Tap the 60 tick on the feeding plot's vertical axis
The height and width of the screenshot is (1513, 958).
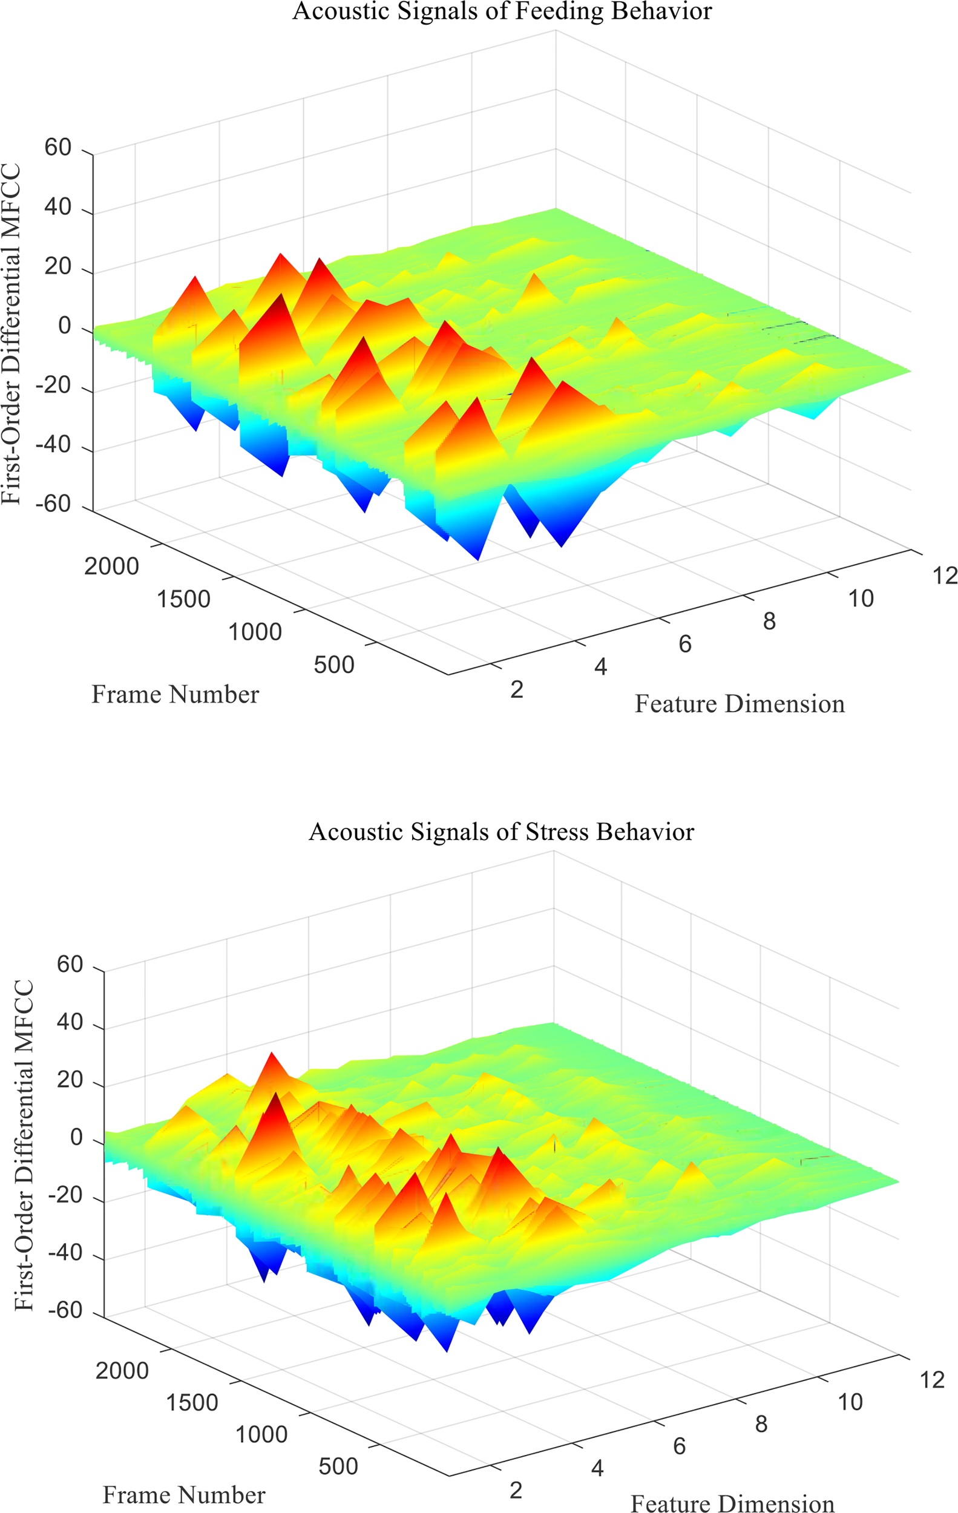pyautogui.click(x=57, y=148)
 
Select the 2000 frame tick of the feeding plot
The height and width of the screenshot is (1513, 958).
pyautogui.click(x=111, y=566)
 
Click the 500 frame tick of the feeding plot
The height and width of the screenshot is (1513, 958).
pyautogui.click(x=333, y=665)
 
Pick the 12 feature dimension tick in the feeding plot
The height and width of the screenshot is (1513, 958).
pyautogui.click(x=944, y=576)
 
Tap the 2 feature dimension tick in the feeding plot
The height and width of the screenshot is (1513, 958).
pyautogui.click(x=516, y=690)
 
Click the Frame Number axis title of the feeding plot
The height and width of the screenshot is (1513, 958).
pyautogui.click(x=176, y=694)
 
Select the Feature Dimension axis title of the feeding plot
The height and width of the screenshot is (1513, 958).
pyautogui.click(x=740, y=704)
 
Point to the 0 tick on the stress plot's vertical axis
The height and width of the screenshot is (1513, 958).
pyautogui.click(x=76, y=1137)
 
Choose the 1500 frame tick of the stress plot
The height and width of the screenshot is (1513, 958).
pyautogui.click(x=192, y=1402)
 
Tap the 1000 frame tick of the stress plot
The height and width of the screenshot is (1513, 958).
pyautogui.click(x=261, y=1434)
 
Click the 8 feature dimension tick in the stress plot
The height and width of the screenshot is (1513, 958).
pyautogui.click(x=761, y=1425)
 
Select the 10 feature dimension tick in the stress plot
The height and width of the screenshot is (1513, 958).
pyautogui.click(x=850, y=1402)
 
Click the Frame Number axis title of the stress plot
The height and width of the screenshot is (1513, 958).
pyautogui.click(x=183, y=1494)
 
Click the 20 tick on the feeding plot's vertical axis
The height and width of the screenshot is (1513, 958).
pyautogui.click(x=57, y=266)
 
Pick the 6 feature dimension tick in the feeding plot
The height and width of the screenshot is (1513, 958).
pyautogui.click(x=684, y=644)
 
